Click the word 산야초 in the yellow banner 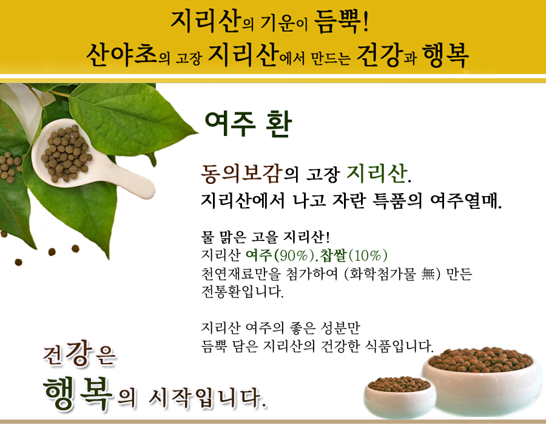[x=121, y=55]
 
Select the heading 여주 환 [x=248, y=124]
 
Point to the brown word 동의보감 [x=241, y=173]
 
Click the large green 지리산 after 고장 [x=377, y=173]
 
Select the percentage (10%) [x=368, y=256]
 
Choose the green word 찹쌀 [x=334, y=255]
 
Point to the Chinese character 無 [x=428, y=274]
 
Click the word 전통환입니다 [x=242, y=291]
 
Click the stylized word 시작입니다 [x=207, y=398]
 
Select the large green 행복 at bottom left [x=78, y=393]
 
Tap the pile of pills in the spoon [x=66, y=152]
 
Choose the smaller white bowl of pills [x=399, y=395]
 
